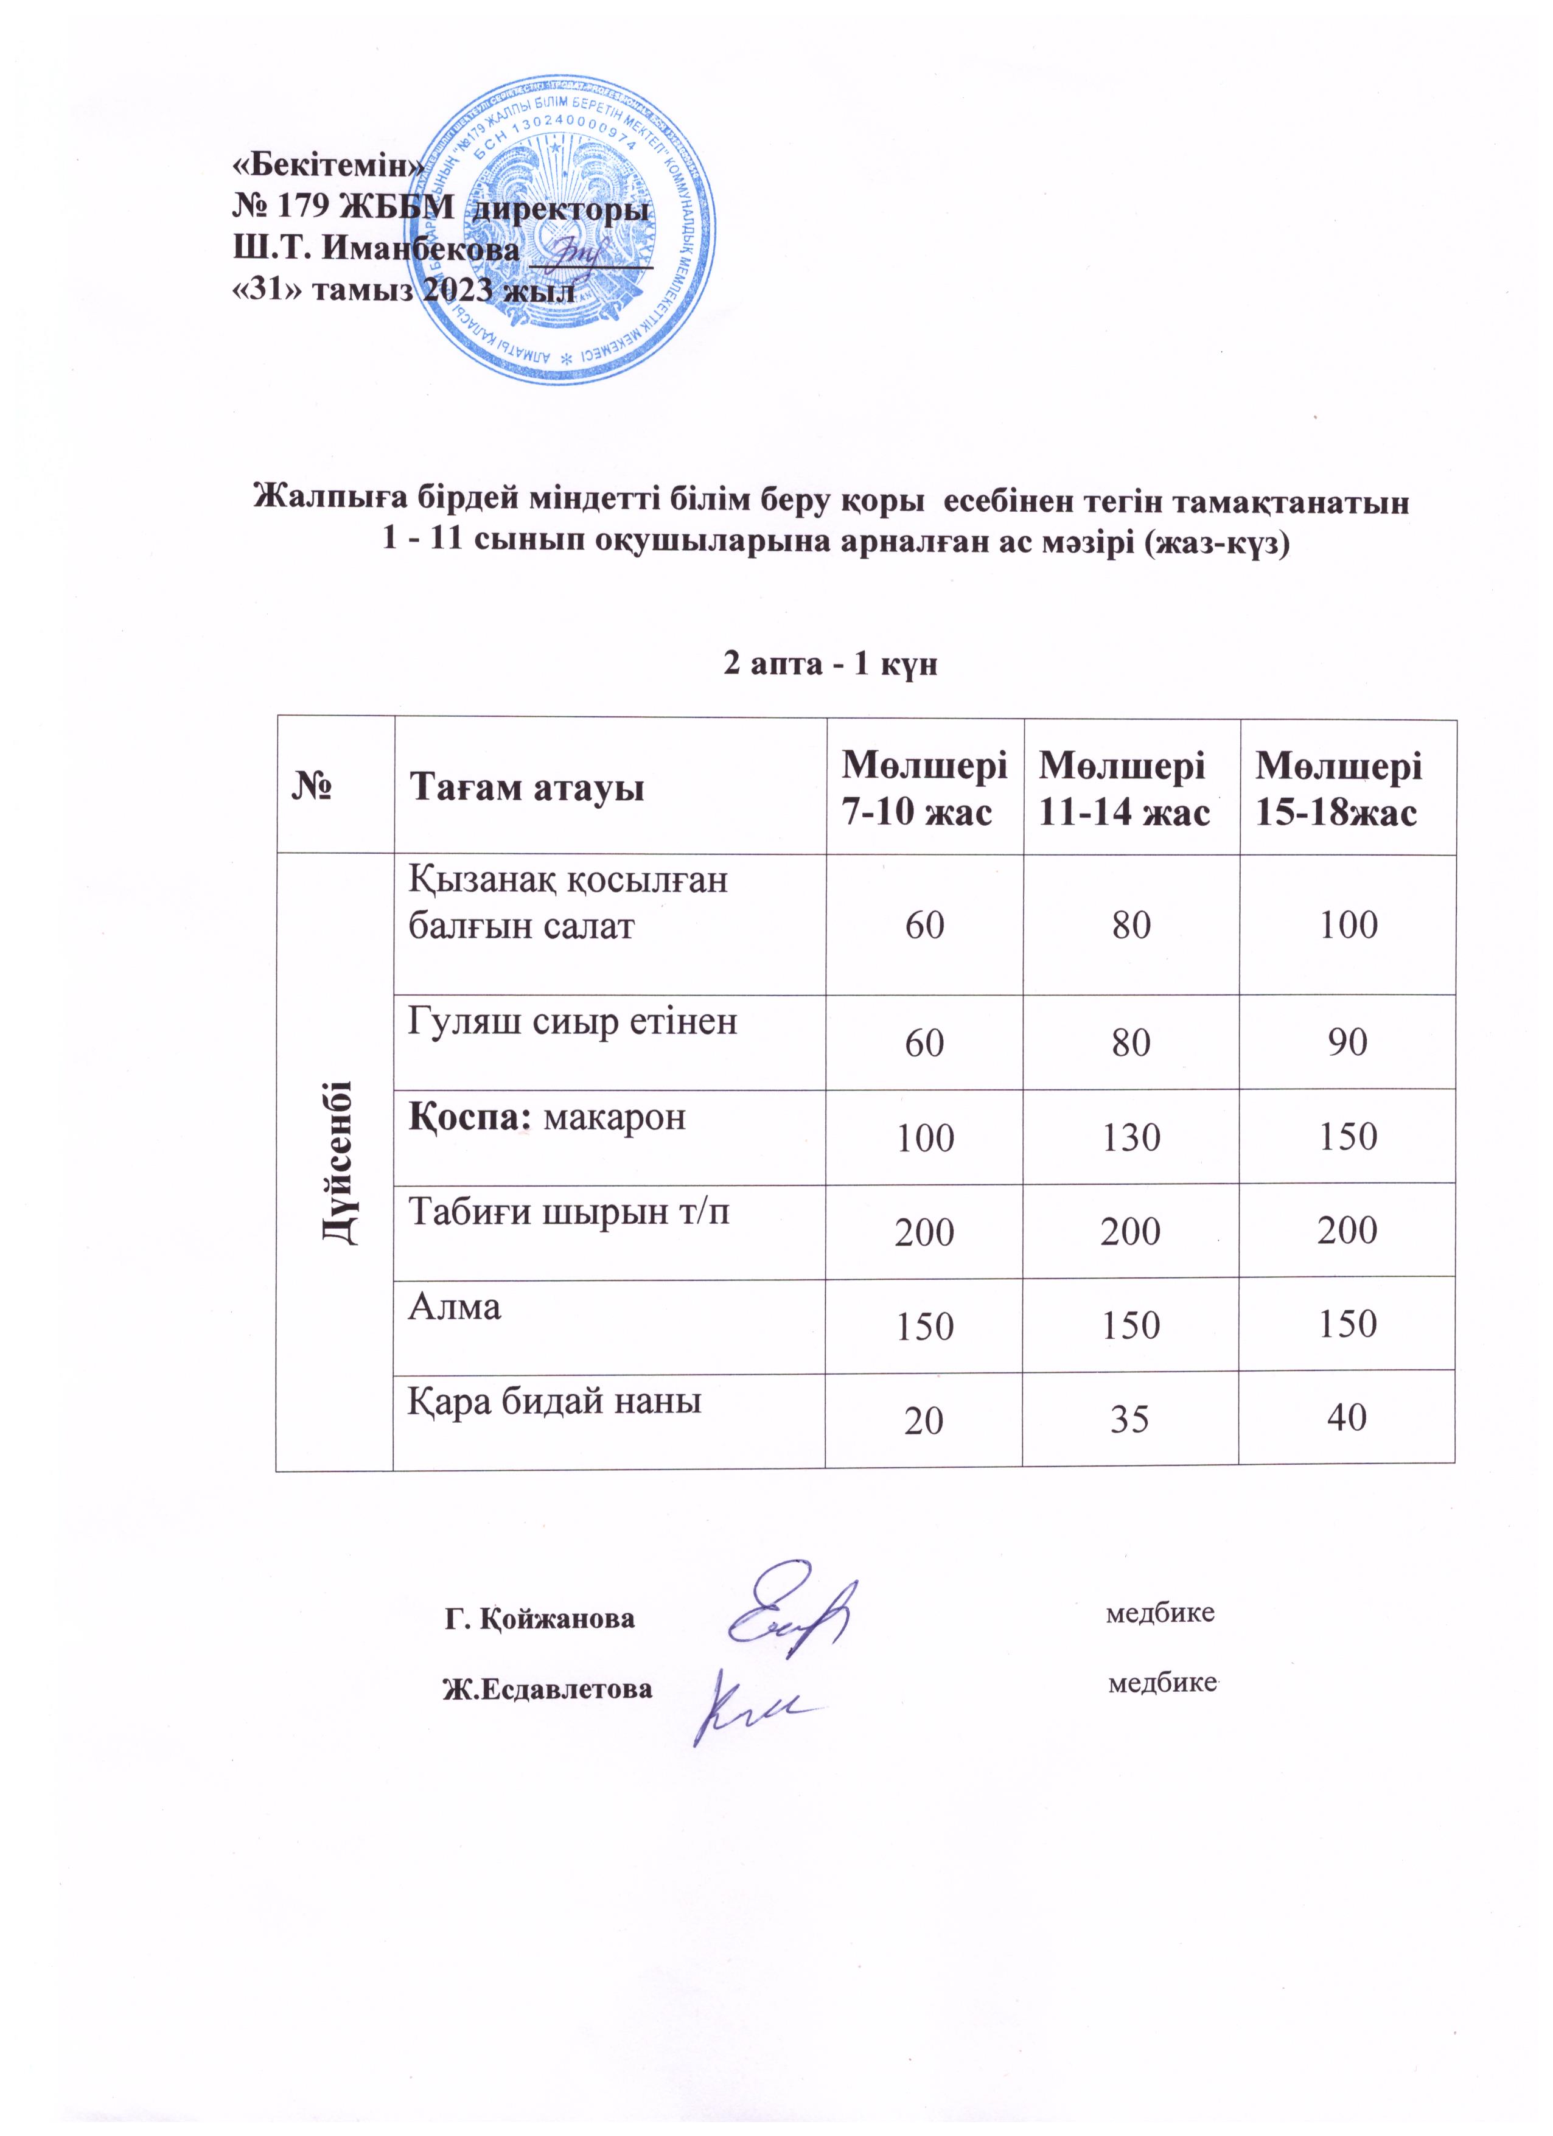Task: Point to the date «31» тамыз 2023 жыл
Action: [x=403, y=291]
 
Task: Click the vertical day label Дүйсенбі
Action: [x=336, y=1162]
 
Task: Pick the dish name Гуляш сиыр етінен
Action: [x=571, y=1021]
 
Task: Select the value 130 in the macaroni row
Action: [x=1131, y=1138]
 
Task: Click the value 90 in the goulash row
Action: [x=1348, y=1042]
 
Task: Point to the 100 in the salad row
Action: [x=1349, y=925]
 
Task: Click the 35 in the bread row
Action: [x=1130, y=1419]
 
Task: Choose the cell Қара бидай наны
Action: [x=555, y=1401]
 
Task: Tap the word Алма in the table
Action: [x=454, y=1307]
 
